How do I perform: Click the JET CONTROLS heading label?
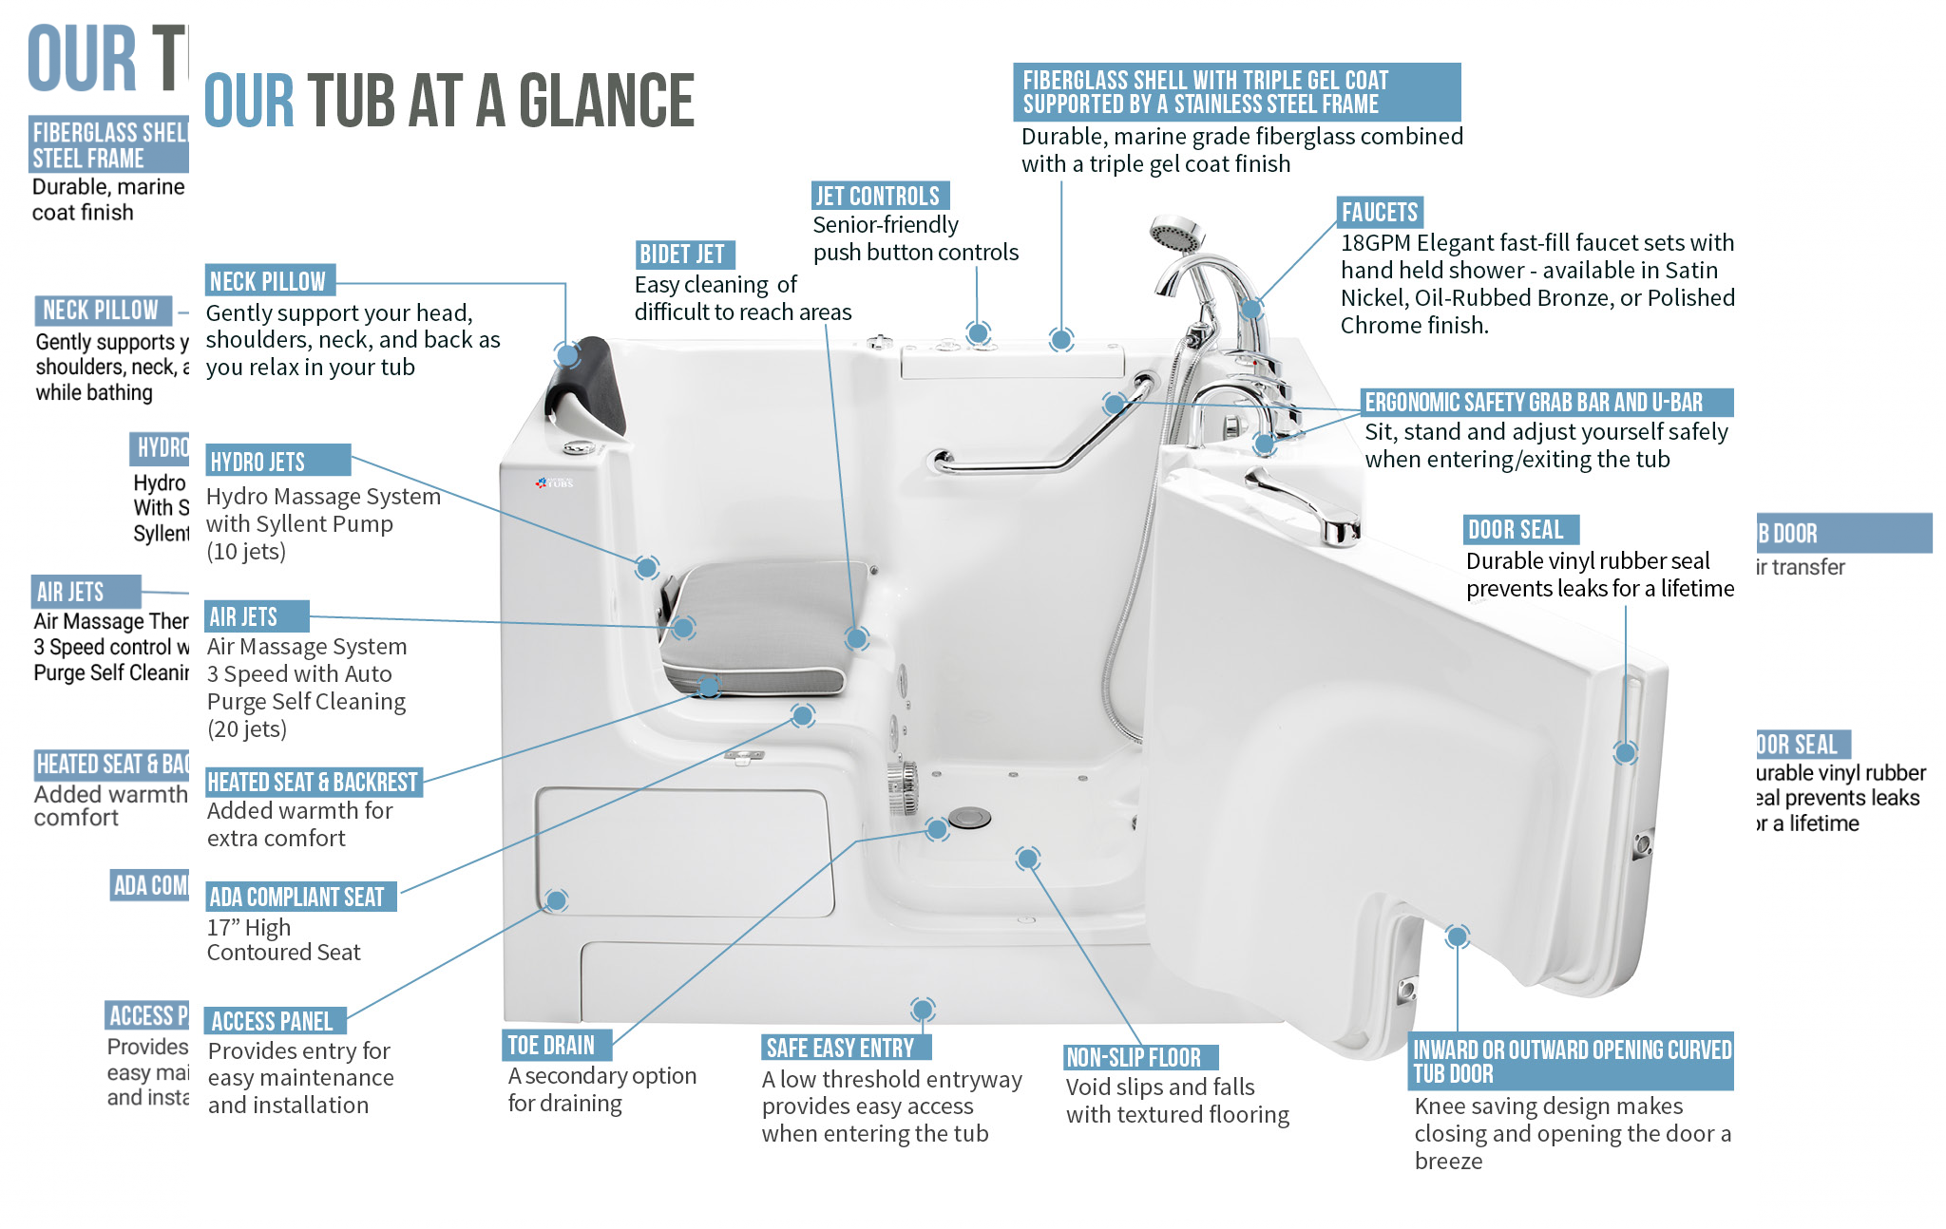(878, 197)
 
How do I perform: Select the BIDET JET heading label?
(682, 255)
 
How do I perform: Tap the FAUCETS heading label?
(1379, 213)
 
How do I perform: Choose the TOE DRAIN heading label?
(551, 1046)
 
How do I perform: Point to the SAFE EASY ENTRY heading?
(840, 1049)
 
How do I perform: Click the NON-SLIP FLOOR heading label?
(1134, 1058)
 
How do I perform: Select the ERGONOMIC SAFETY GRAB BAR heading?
(1534, 403)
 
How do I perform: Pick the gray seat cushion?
(760, 627)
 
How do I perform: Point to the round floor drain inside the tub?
(969, 817)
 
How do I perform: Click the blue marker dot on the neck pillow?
(567, 355)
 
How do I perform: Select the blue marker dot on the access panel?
(557, 899)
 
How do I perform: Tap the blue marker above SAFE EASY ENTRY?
(922, 1009)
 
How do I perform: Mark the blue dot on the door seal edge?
(1625, 753)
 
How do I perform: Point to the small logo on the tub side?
(555, 483)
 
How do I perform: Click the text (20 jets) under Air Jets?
(247, 729)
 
